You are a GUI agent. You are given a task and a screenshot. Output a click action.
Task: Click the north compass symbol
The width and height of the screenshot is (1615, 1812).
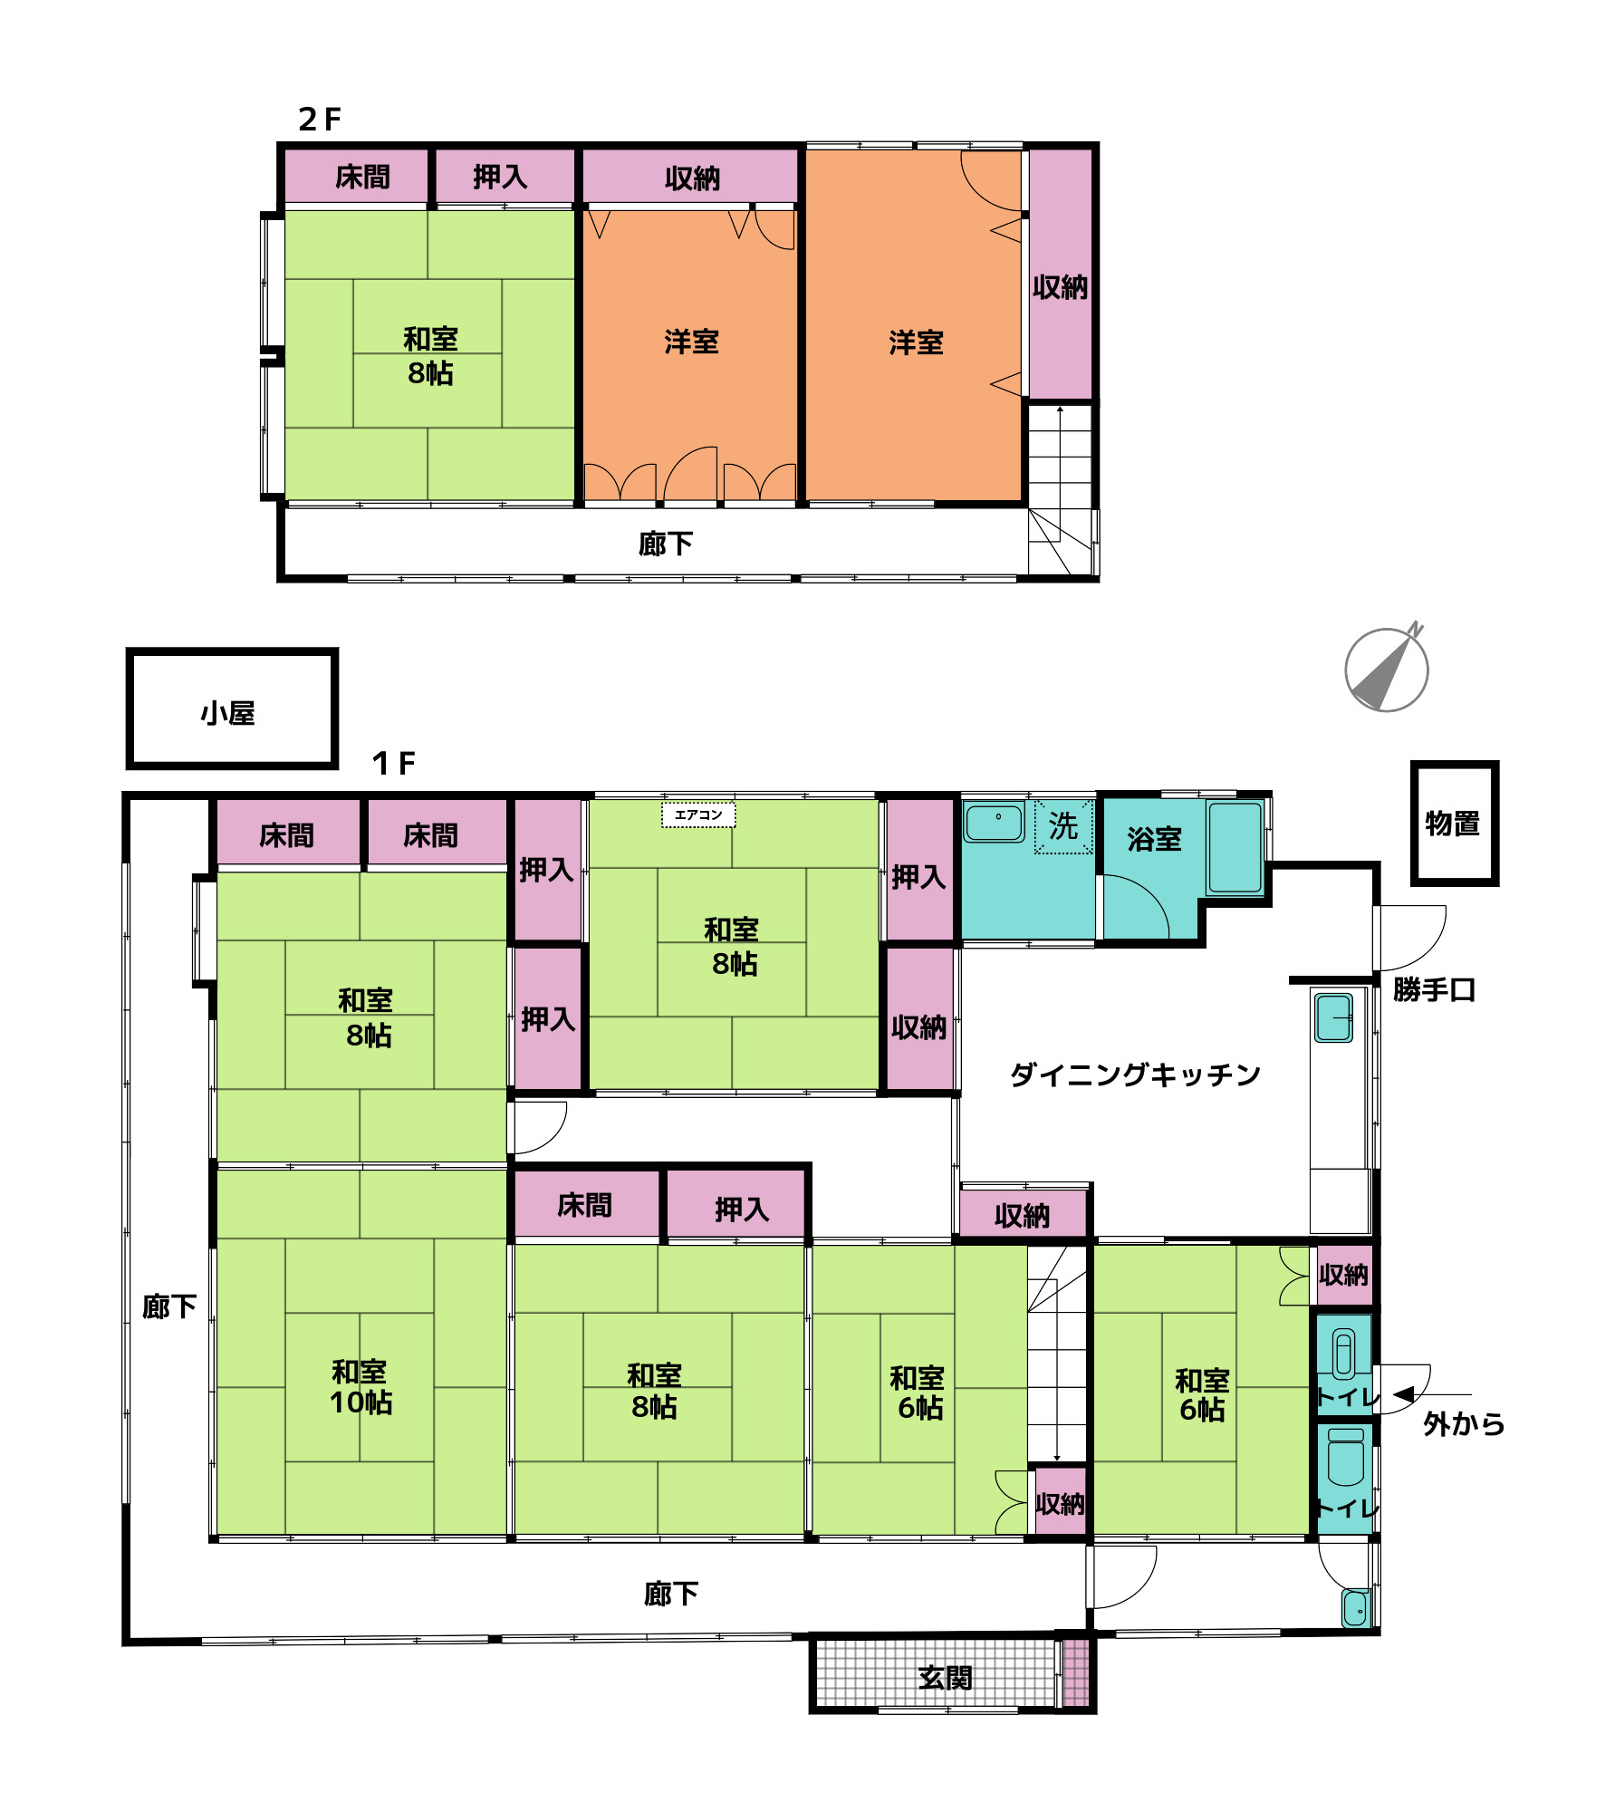click(x=1386, y=670)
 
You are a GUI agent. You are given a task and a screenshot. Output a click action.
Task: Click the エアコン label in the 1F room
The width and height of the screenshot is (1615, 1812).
click(x=698, y=814)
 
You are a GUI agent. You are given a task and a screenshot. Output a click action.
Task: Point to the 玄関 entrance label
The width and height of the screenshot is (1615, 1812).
click(x=945, y=1678)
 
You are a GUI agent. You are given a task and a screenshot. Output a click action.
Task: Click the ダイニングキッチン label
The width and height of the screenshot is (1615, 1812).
click(x=1135, y=1075)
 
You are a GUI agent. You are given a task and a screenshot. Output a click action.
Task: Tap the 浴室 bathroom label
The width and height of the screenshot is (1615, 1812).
click(x=1154, y=839)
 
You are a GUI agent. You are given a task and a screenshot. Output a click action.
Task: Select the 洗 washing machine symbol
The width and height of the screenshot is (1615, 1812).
click(x=1064, y=825)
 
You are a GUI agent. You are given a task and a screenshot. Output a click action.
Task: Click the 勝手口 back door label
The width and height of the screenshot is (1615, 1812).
click(x=1434, y=989)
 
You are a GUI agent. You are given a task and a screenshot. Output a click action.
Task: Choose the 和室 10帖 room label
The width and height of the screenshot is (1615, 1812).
click(x=360, y=1387)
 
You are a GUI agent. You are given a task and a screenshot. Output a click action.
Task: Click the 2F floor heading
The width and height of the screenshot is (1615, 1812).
click(x=320, y=119)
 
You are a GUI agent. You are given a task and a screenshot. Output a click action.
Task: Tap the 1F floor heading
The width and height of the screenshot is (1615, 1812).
click(x=393, y=763)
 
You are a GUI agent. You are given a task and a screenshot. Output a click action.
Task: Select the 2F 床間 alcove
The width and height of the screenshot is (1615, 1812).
click(x=357, y=177)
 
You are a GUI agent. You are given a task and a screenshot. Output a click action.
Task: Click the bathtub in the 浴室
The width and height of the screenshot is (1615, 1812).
click(x=1235, y=848)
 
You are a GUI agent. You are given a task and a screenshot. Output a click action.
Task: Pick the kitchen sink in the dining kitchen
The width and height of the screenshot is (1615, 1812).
click(x=1333, y=1017)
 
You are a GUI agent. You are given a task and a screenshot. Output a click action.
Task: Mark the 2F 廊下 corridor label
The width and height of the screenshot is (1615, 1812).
click(x=666, y=544)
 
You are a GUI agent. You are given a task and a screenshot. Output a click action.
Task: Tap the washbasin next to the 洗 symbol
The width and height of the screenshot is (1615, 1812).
click(x=995, y=822)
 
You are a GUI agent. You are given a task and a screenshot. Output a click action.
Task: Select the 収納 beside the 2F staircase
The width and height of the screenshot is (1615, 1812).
click(x=1061, y=275)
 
